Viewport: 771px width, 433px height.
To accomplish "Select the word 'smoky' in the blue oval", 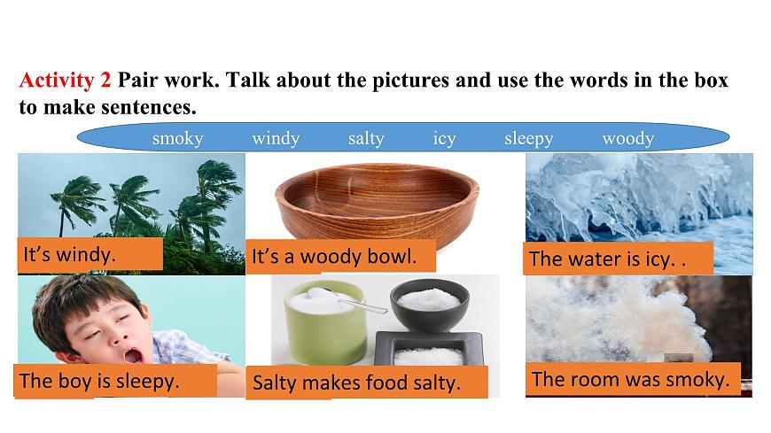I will click(177, 138).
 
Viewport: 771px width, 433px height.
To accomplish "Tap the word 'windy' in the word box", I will click(276, 138).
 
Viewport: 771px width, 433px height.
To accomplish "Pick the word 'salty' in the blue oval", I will click(366, 138).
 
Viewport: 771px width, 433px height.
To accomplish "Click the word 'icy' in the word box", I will click(444, 138).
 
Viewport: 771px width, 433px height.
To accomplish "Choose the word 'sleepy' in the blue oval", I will click(528, 138).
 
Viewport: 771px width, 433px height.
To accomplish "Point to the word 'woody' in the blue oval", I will click(627, 138).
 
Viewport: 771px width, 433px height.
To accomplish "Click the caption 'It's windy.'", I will click(70, 255).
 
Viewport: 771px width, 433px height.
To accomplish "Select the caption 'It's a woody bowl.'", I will click(333, 257).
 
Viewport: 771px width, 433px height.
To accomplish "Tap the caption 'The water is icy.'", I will click(606, 259).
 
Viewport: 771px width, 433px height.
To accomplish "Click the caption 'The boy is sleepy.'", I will click(99, 382).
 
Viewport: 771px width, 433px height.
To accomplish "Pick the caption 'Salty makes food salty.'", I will click(357, 383).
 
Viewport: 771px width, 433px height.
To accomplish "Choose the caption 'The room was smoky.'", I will click(630, 380).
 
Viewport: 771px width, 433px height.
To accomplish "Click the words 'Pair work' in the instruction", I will click(167, 81).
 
